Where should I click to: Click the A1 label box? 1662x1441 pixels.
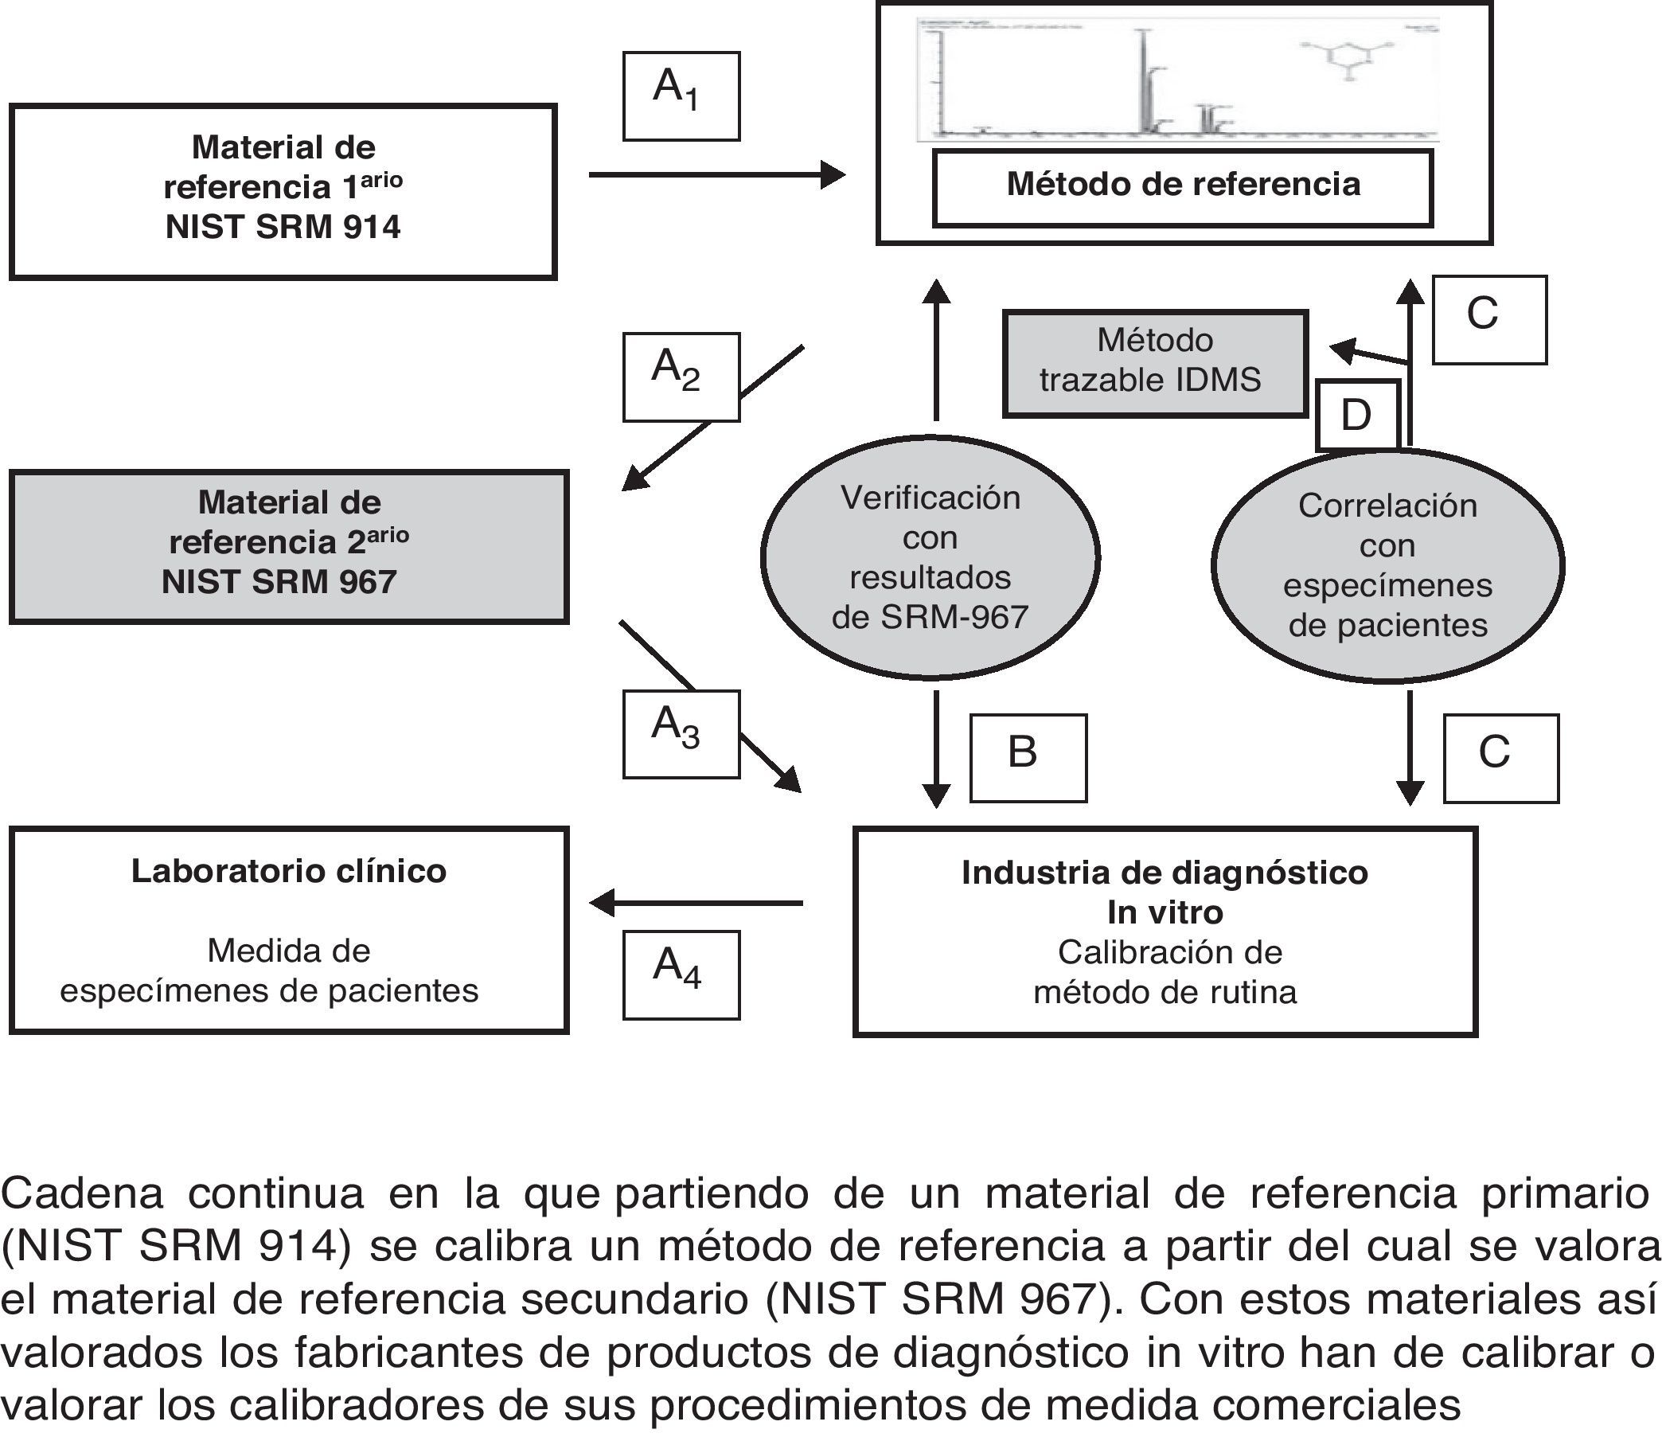(x=681, y=96)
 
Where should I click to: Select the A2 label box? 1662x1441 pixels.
(x=681, y=377)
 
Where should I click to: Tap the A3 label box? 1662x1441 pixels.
(x=681, y=734)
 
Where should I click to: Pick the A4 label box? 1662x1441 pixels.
(x=681, y=974)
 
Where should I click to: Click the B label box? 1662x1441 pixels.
(x=1028, y=758)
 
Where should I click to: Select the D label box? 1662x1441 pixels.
(x=1357, y=415)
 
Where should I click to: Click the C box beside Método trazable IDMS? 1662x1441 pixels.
(x=1489, y=320)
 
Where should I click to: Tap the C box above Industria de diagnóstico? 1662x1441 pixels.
(x=1500, y=758)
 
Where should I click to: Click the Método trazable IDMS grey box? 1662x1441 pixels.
(x=1155, y=364)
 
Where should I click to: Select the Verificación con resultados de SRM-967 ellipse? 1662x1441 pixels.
(x=930, y=557)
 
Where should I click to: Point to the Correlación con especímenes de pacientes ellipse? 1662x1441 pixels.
(x=1387, y=565)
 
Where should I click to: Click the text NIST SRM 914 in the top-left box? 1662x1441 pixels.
(x=283, y=228)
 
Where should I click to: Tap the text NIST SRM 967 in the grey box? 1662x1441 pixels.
(x=279, y=582)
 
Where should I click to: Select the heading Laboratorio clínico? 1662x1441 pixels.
(x=289, y=872)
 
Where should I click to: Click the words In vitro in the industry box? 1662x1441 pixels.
(x=1165, y=912)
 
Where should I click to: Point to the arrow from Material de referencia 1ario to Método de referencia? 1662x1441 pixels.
(x=716, y=174)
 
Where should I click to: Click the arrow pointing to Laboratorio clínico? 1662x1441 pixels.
(x=696, y=903)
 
